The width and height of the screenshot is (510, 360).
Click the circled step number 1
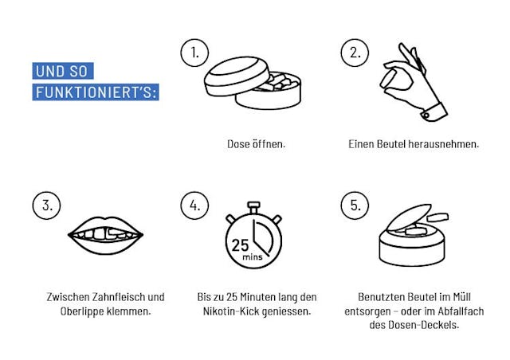(x=194, y=53)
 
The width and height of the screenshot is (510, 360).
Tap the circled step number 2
(x=355, y=53)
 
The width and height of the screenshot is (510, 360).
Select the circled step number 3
(x=46, y=205)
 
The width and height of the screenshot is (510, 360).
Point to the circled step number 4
(x=194, y=205)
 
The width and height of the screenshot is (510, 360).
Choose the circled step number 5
(x=355, y=205)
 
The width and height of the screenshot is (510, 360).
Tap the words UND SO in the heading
(x=61, y=71)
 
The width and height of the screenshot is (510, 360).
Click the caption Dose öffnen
(x=256, y=143)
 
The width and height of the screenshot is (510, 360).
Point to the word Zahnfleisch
(x=119, y=297)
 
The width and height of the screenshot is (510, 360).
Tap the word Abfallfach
(x=461, y=311)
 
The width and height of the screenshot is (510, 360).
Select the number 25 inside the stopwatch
(x=240, y=245)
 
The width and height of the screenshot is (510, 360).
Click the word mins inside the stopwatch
(x=252, y=257)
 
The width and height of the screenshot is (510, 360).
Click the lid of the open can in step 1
(x=237, y=76)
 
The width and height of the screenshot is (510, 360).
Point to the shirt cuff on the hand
(x=434, y=112)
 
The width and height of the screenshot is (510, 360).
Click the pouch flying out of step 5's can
(x=437, y=217)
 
